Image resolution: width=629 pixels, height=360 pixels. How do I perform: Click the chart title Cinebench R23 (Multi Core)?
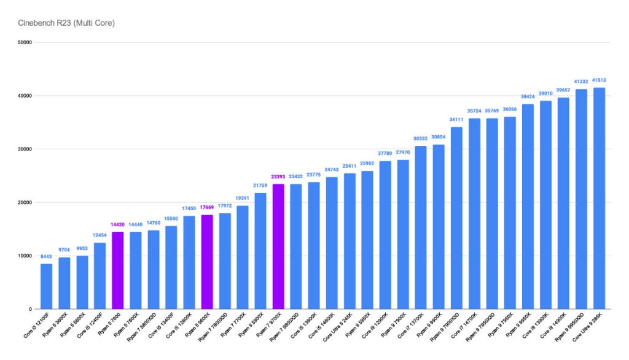coord(59,23)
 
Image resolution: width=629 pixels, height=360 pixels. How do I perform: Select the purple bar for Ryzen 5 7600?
coord(117,270)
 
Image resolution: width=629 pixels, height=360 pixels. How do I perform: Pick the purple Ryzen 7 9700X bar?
coord(278,246)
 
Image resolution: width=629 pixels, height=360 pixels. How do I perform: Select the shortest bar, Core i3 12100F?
coord(46,286)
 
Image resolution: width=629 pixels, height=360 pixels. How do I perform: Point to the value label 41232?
coord(580,82)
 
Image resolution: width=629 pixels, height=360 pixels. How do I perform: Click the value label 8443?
coord(46,257)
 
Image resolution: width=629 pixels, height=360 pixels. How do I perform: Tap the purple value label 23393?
coord(278,177)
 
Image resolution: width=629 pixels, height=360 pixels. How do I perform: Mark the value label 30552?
coord(420,139)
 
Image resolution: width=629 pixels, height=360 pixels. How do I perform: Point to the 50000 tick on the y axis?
coord(25,42)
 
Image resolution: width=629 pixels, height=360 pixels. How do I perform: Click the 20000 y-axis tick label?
coord(25,202)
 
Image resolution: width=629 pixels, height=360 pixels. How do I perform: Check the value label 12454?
coord(100,235)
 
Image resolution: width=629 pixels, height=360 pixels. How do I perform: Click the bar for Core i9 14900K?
coord(563,203)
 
